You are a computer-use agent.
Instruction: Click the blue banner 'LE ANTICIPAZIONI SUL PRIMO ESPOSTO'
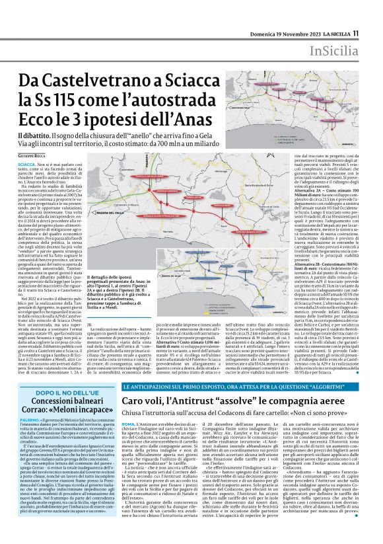click(185, 367)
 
